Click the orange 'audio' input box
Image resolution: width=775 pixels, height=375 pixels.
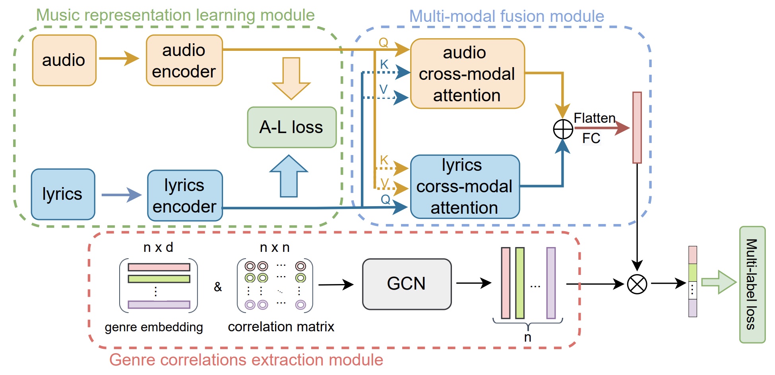point(64,60)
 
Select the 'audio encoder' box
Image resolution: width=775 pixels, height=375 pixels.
point(184,60)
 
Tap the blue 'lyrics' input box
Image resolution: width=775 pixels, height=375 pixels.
point(63,194)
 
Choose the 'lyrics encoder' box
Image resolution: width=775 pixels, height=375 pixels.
point(185,195)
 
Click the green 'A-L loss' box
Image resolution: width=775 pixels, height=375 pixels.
point(291,127)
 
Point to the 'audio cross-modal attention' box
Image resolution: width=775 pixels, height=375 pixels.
point(467,73)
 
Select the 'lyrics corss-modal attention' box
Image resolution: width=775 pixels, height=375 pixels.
point(465,187)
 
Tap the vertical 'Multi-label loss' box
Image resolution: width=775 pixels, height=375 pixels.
point(752,284)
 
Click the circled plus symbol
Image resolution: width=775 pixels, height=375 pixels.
point(563,129)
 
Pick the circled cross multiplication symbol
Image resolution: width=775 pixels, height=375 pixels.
point(637,284)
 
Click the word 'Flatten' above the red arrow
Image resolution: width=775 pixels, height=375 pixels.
point(594,118)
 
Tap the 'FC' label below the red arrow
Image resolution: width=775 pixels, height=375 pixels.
point(591,138)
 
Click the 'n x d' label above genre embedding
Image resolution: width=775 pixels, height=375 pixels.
point(158,247)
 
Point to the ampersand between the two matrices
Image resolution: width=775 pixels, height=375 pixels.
point(218,286)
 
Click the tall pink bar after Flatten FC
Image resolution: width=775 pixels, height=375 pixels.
point(637,128)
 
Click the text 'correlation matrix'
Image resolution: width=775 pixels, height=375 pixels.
point(281,327)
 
